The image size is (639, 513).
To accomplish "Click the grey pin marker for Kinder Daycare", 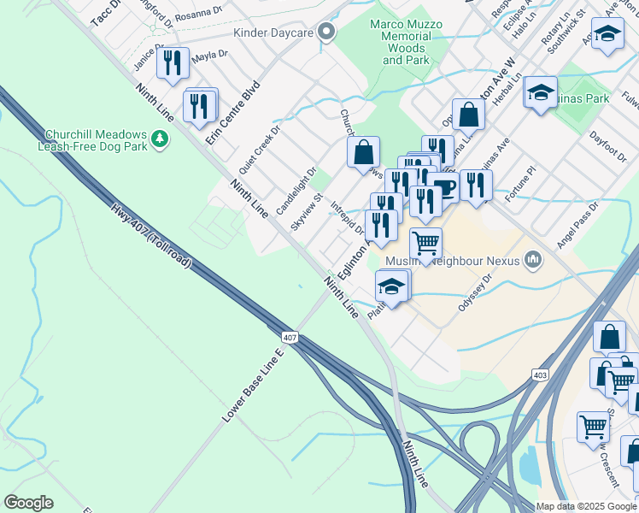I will [x=325, y=33].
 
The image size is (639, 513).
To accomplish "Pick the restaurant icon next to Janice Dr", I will [x=173, y=62].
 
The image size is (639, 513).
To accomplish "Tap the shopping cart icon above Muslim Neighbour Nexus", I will [x=425, y=242].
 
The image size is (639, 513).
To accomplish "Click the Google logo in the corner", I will [x=29, y=502].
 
